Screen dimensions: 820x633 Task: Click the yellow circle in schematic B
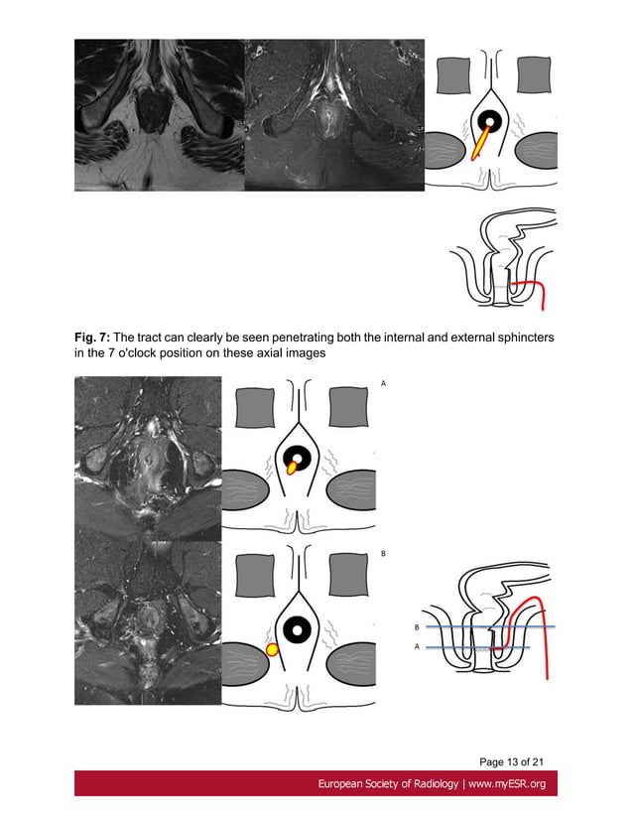tap(271, 649)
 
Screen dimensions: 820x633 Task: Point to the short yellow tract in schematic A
tap(292, 467)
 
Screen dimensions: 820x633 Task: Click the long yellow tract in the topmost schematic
tap(478, 145)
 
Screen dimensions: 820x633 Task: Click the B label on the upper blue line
tap(416, 627)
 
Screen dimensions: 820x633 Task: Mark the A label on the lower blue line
tap(416, 647)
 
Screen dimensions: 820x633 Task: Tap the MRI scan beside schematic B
tap(148, 623)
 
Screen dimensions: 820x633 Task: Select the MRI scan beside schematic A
tap(148, 459)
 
